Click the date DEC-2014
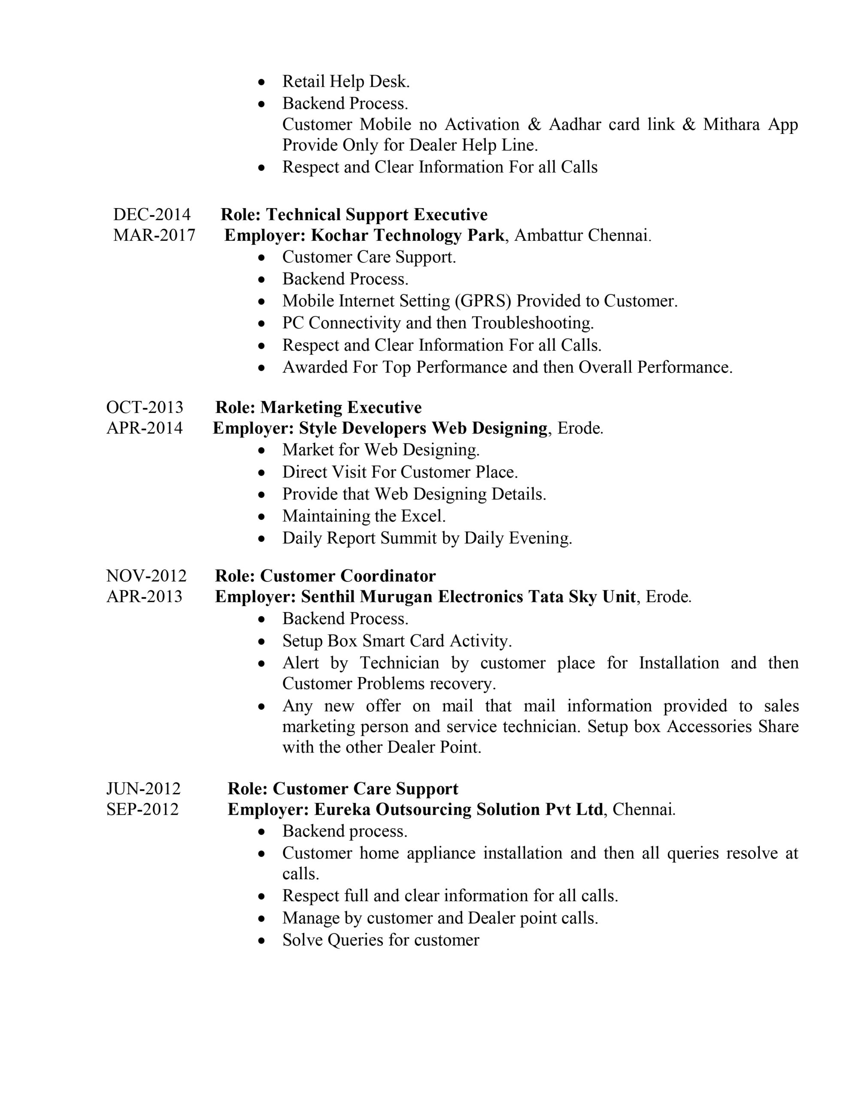[x=152, y=215]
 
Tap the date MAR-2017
[x=154, y=236]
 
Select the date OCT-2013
[x=145, y=407]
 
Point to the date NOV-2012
[x=146, y=576]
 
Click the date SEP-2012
[x=143, y=809]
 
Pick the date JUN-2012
[x=143, y=789]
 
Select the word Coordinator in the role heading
[x=388, y=576]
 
